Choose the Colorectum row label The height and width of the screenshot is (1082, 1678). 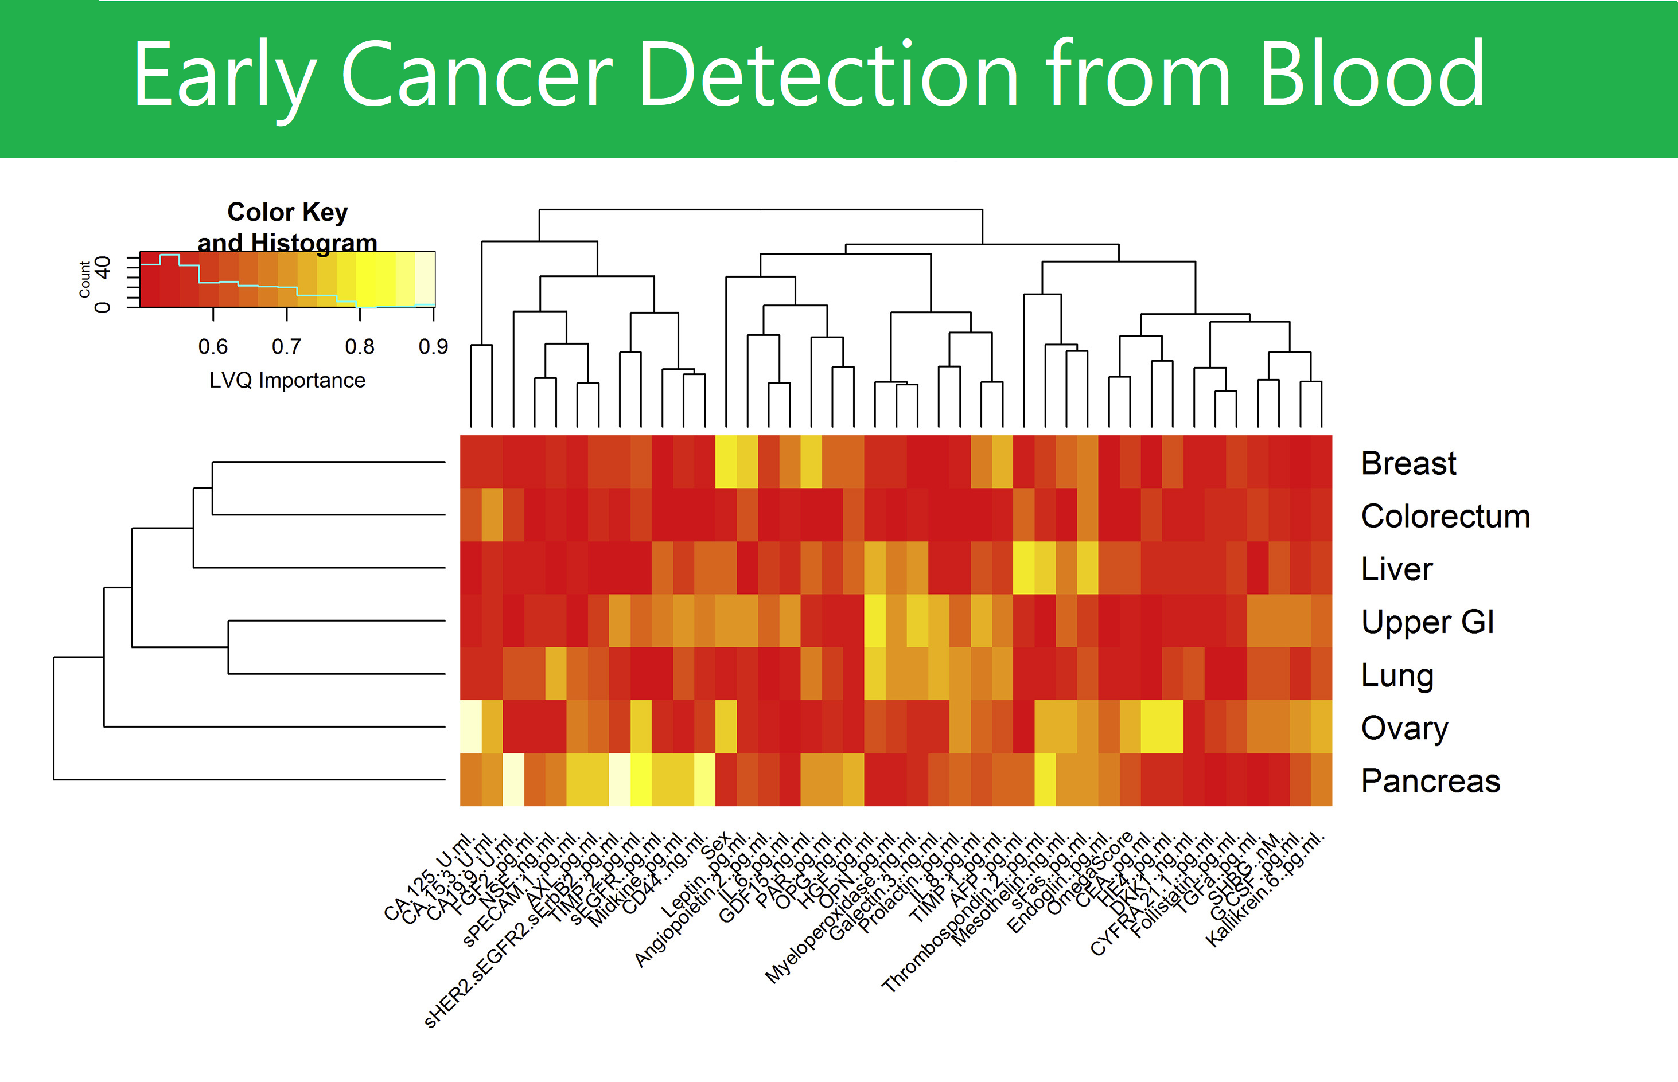point(1445,517)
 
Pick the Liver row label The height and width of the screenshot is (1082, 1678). point(1396,569)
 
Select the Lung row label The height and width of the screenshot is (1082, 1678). point(1397,675)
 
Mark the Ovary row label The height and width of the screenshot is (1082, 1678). point(1404,728)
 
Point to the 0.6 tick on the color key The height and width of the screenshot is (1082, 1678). point(213,346)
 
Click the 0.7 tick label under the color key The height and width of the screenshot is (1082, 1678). point(286,346)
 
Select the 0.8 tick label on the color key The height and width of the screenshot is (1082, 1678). point(359,346)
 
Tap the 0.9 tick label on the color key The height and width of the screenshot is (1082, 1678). point(433,346)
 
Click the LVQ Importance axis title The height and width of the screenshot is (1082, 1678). point(287,380)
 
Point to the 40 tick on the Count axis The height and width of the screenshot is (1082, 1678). point(103,267)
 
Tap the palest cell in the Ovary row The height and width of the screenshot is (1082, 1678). point(470,726)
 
